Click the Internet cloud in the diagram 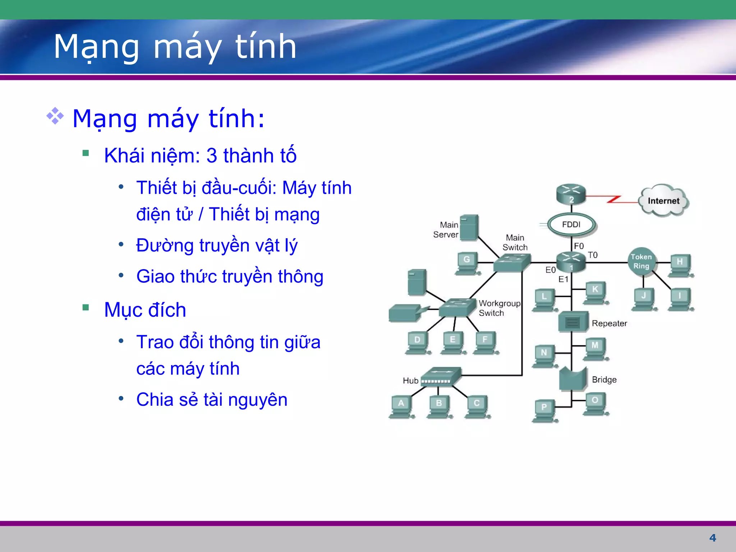(663, 201)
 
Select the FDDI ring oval (571, 225)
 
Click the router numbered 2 (571, 194)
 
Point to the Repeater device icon (573, 322)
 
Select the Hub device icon (441, 377)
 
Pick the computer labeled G (467, 263)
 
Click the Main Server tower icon (469, 228)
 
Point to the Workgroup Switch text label (499, 308)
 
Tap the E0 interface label (550, 270)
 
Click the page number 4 (713, 538)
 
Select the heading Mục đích (145, 310)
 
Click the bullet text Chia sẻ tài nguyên (212, 400)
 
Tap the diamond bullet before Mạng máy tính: (55, 116)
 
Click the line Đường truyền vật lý (217, 245)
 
